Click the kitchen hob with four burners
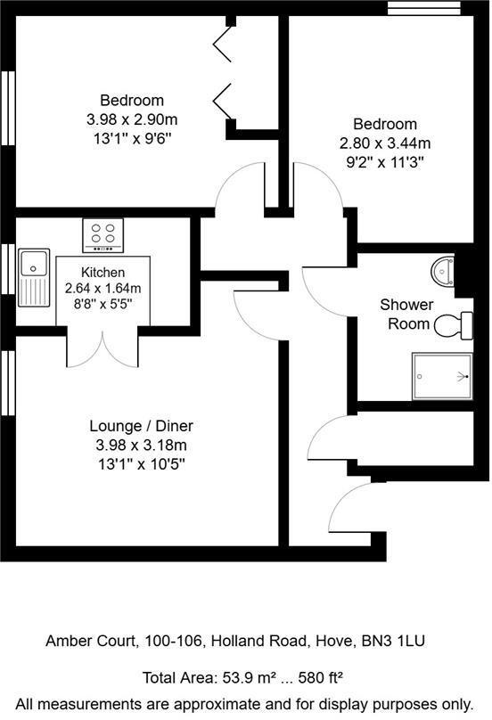click(x=103, y=234)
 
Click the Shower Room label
click(x=407, y=314)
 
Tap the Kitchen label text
click(x=103, y=272)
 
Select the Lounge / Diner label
click(x=142, y=426)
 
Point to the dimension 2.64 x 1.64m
click(x=103, y=288)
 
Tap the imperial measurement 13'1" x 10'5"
click(x=143, y=463)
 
